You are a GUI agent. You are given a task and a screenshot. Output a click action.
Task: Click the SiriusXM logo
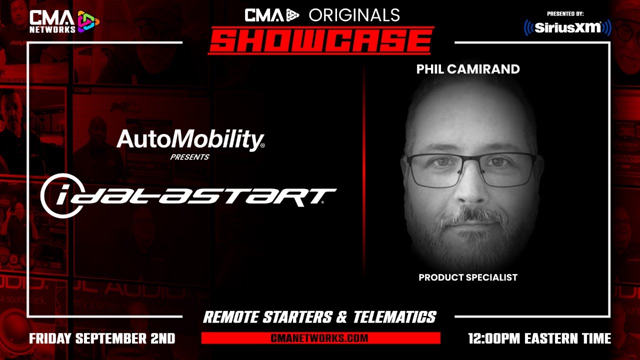567,27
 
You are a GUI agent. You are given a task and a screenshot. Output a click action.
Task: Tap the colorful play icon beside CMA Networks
88,21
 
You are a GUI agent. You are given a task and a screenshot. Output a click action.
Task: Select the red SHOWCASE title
320,40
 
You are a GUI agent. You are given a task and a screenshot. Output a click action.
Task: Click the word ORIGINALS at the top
354,15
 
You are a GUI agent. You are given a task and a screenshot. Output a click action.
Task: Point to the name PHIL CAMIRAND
468,69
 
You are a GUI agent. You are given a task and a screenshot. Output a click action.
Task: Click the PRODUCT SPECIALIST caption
468,277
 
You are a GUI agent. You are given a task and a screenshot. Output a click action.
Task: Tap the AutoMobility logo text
190,140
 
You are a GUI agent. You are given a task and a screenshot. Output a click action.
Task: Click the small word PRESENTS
189,157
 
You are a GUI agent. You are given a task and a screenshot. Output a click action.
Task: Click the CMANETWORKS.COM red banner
320,338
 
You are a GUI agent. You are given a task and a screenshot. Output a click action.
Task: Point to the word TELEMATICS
394,317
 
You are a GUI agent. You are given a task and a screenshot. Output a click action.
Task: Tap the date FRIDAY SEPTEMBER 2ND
102,338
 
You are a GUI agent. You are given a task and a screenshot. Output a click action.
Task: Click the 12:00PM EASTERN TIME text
539,338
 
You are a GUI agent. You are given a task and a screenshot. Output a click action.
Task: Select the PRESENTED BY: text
565,13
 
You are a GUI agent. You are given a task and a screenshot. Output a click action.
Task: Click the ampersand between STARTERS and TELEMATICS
342,317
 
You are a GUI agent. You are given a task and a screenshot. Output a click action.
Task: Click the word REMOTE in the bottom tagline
231,317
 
